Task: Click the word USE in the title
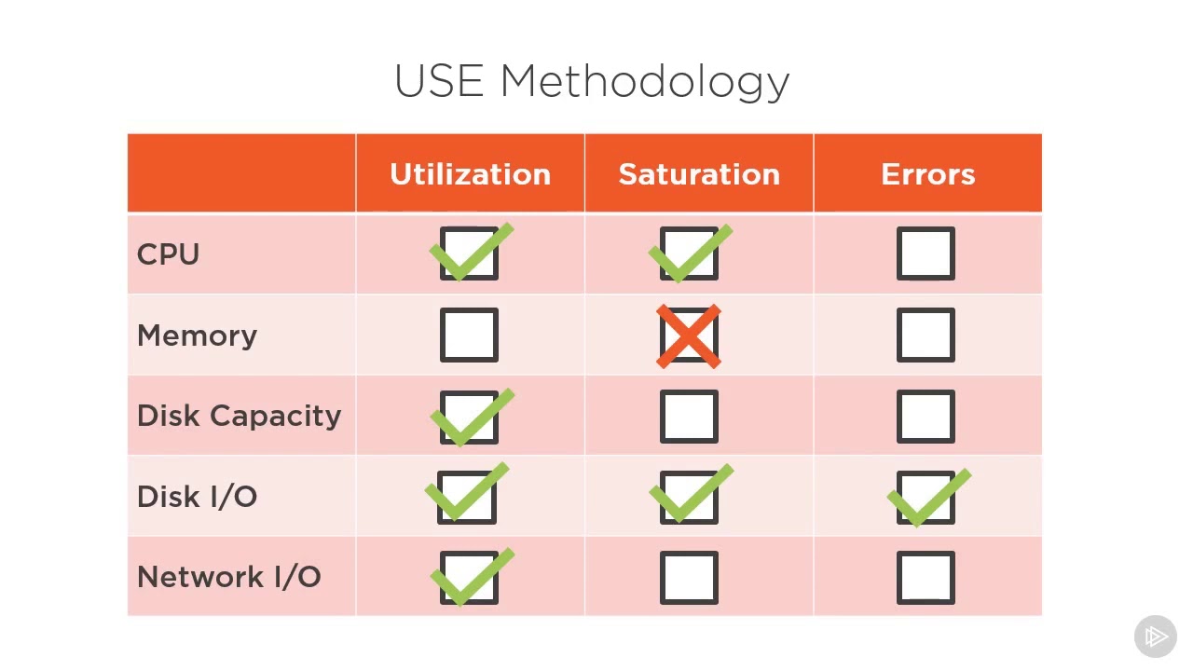[439, 81]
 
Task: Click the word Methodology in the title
[645, 82]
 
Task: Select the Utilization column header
[470, 174]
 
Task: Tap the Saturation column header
[699, 174]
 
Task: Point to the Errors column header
[927, 174]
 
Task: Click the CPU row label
[168, 254]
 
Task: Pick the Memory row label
[197, 335]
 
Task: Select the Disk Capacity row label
[239, 416]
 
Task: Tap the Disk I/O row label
[197, 497]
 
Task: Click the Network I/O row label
[228, 577]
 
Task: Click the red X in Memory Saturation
[689, 335]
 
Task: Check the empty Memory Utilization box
[469, 335]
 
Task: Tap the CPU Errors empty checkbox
[926, 254]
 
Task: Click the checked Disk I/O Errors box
[926, 498]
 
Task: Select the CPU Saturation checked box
[689, 254]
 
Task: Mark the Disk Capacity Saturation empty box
[689, 417]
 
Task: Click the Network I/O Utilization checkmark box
[469, 578]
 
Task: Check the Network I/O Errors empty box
[926, 578]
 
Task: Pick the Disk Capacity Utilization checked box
[469, 417]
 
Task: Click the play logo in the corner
[1155, 637]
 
